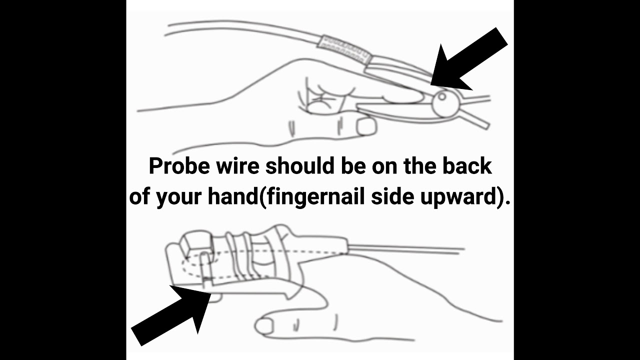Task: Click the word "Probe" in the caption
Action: point(179,166)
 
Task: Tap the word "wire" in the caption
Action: point(237,166)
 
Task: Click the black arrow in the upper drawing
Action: point(469,59)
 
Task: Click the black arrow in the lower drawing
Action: point(171,315)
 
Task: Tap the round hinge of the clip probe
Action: point(446,103)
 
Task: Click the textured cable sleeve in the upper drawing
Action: point(344,49)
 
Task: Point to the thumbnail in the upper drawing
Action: point(366,127)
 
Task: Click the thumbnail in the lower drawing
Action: point(264,326)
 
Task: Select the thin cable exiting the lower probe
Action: point(406,248)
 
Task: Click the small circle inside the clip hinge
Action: point(441,96)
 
